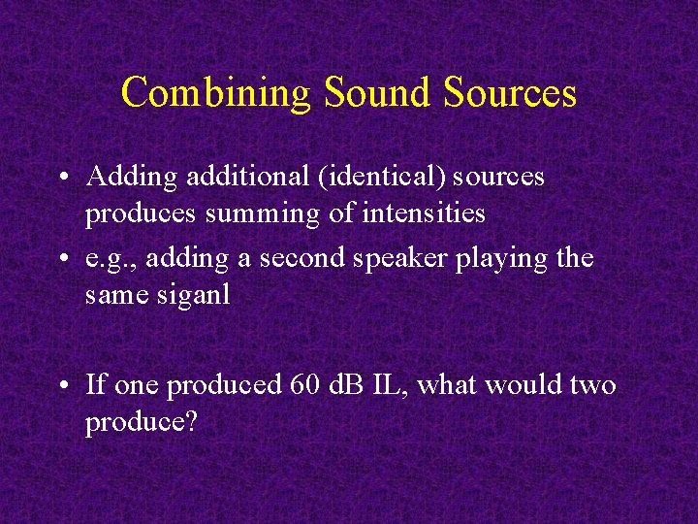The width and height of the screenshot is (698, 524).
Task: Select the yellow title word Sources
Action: coord(511,93)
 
